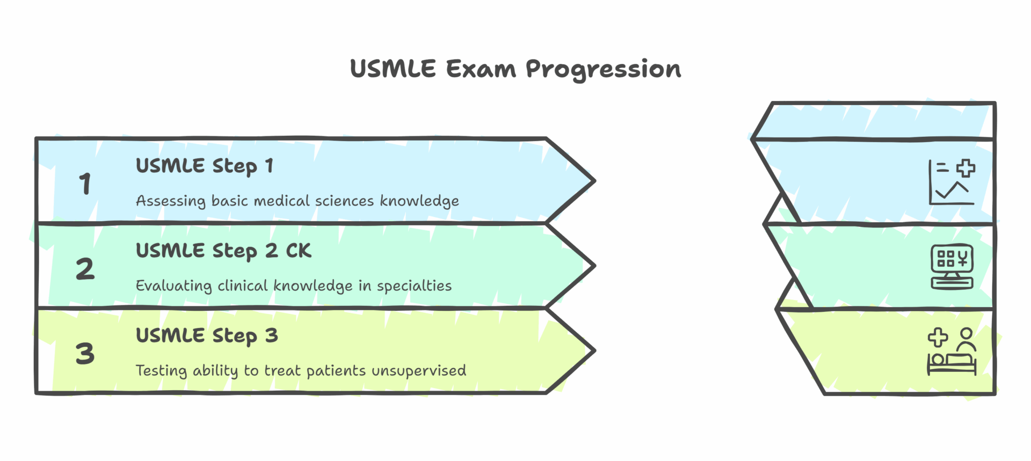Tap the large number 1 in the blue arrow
(x=85, y=184)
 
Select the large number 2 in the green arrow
(x=85, y=268)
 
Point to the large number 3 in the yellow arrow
(x=85, y=354)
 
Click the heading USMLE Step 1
(x=205, y=166)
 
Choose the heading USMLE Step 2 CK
(x=223, y=251)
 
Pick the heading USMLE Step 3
(x=207, y=336)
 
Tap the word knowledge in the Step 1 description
(x=419, y=201)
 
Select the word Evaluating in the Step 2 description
(x=173, y=286)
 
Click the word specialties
(x=414, y=286)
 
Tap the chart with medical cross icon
(x=952, y=182)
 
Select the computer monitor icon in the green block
(x=952, y=267)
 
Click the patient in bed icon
(x=952, y=352)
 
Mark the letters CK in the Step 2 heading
(x=299, y=251)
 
